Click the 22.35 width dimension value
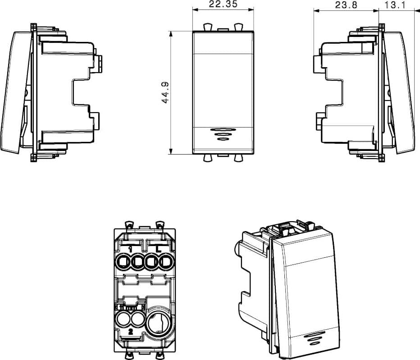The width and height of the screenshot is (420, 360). (x=223, y=5)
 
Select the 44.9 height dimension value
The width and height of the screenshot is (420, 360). (x=165, y=92)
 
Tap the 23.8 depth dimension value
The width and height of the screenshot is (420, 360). (x=346, y=5)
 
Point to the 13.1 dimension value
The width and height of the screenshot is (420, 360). (x=395, y=5)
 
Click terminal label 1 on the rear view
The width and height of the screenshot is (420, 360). (x=130, y=249)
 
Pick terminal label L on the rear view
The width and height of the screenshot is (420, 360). (x=159, y=249)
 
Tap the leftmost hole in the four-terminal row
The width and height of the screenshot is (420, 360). (x=123, y=261)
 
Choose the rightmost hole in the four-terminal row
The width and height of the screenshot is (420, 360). (x=166, y=261)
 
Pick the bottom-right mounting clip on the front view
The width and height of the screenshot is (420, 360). (x=238, y=158)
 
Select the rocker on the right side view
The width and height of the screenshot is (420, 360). (x=399, y=93)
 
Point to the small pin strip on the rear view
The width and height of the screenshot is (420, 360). (x=130, y=307)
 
